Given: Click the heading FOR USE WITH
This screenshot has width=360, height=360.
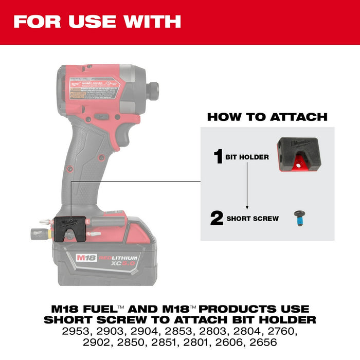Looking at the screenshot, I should point(97,22).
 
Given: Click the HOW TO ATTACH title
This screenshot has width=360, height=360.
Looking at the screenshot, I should point(267,117).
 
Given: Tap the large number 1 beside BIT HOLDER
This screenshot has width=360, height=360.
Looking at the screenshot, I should point(218,156).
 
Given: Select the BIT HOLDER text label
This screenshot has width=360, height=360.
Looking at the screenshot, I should point(247,157).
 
